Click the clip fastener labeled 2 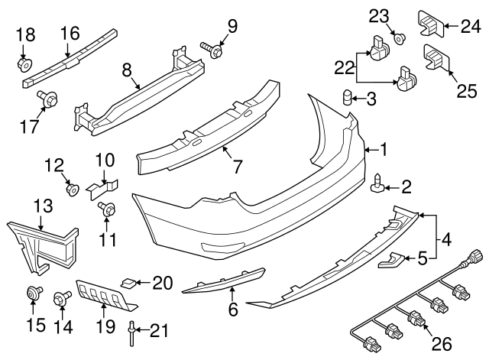pyautogui.click(x=378, y=185)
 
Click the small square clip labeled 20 pyautogui.click(x=131, y=284)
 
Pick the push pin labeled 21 pyautogui.click(x=132, y=330)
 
